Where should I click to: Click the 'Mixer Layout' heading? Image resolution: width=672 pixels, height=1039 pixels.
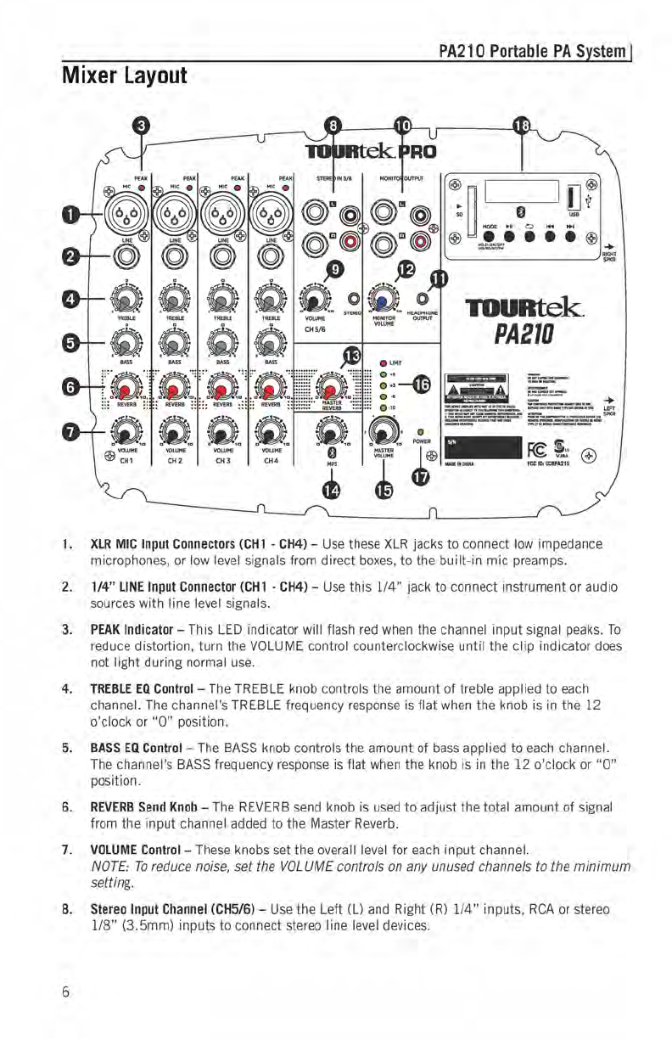tap(124, 76)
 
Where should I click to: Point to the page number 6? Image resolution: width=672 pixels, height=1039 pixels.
tap(65, 989)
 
